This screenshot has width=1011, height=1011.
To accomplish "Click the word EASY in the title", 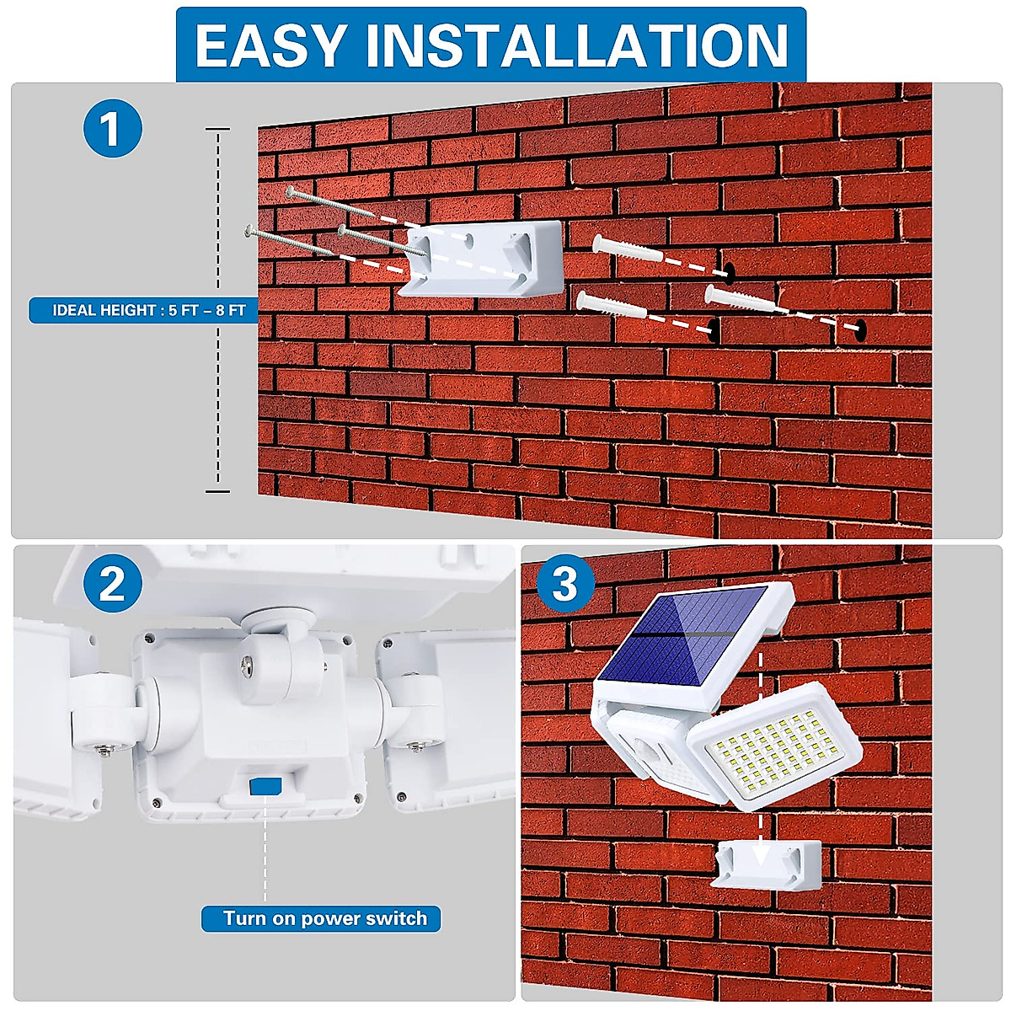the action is point(272,45).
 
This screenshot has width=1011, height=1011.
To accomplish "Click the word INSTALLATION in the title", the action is point(576,45).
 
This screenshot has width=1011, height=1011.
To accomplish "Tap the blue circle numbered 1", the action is point(113,128).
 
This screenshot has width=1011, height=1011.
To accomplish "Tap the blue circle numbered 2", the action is point(113,585).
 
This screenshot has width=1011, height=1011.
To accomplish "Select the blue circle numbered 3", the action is point(565,583).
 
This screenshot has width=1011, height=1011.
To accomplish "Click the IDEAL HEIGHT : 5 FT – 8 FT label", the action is point(149,310).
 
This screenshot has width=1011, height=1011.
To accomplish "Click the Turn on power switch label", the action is point(324,918).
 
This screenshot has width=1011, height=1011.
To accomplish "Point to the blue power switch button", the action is point(266,786).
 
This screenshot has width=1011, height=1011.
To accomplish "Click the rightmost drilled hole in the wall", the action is point(859,328).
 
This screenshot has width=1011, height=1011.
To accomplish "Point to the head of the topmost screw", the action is point(290,191).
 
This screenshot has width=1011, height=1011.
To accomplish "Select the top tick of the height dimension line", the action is point(217,129).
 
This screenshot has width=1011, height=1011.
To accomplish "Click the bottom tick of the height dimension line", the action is point(217,491).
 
